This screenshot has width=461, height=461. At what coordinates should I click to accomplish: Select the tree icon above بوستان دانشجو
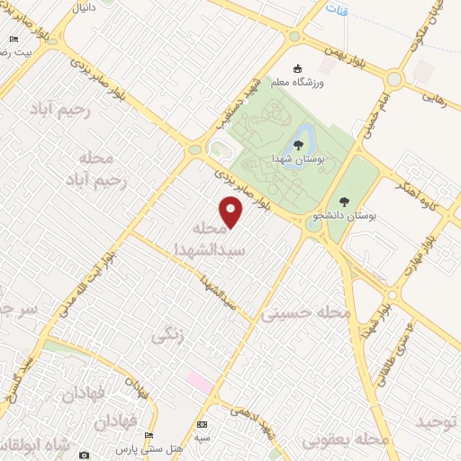click(x=342, y=202)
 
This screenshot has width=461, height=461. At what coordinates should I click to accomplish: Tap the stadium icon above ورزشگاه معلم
click(x=300, y=68)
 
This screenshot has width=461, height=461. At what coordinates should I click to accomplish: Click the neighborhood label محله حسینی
click(x=305, y=314)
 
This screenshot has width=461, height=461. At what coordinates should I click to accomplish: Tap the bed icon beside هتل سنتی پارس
click(x=149, y=436)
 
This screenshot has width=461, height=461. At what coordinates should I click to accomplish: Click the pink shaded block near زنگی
click(x=200, y=383)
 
